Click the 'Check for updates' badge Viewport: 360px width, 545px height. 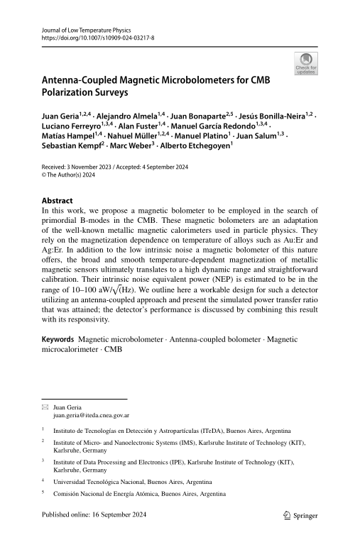point(306,64)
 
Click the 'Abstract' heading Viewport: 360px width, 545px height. point(58,201)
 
